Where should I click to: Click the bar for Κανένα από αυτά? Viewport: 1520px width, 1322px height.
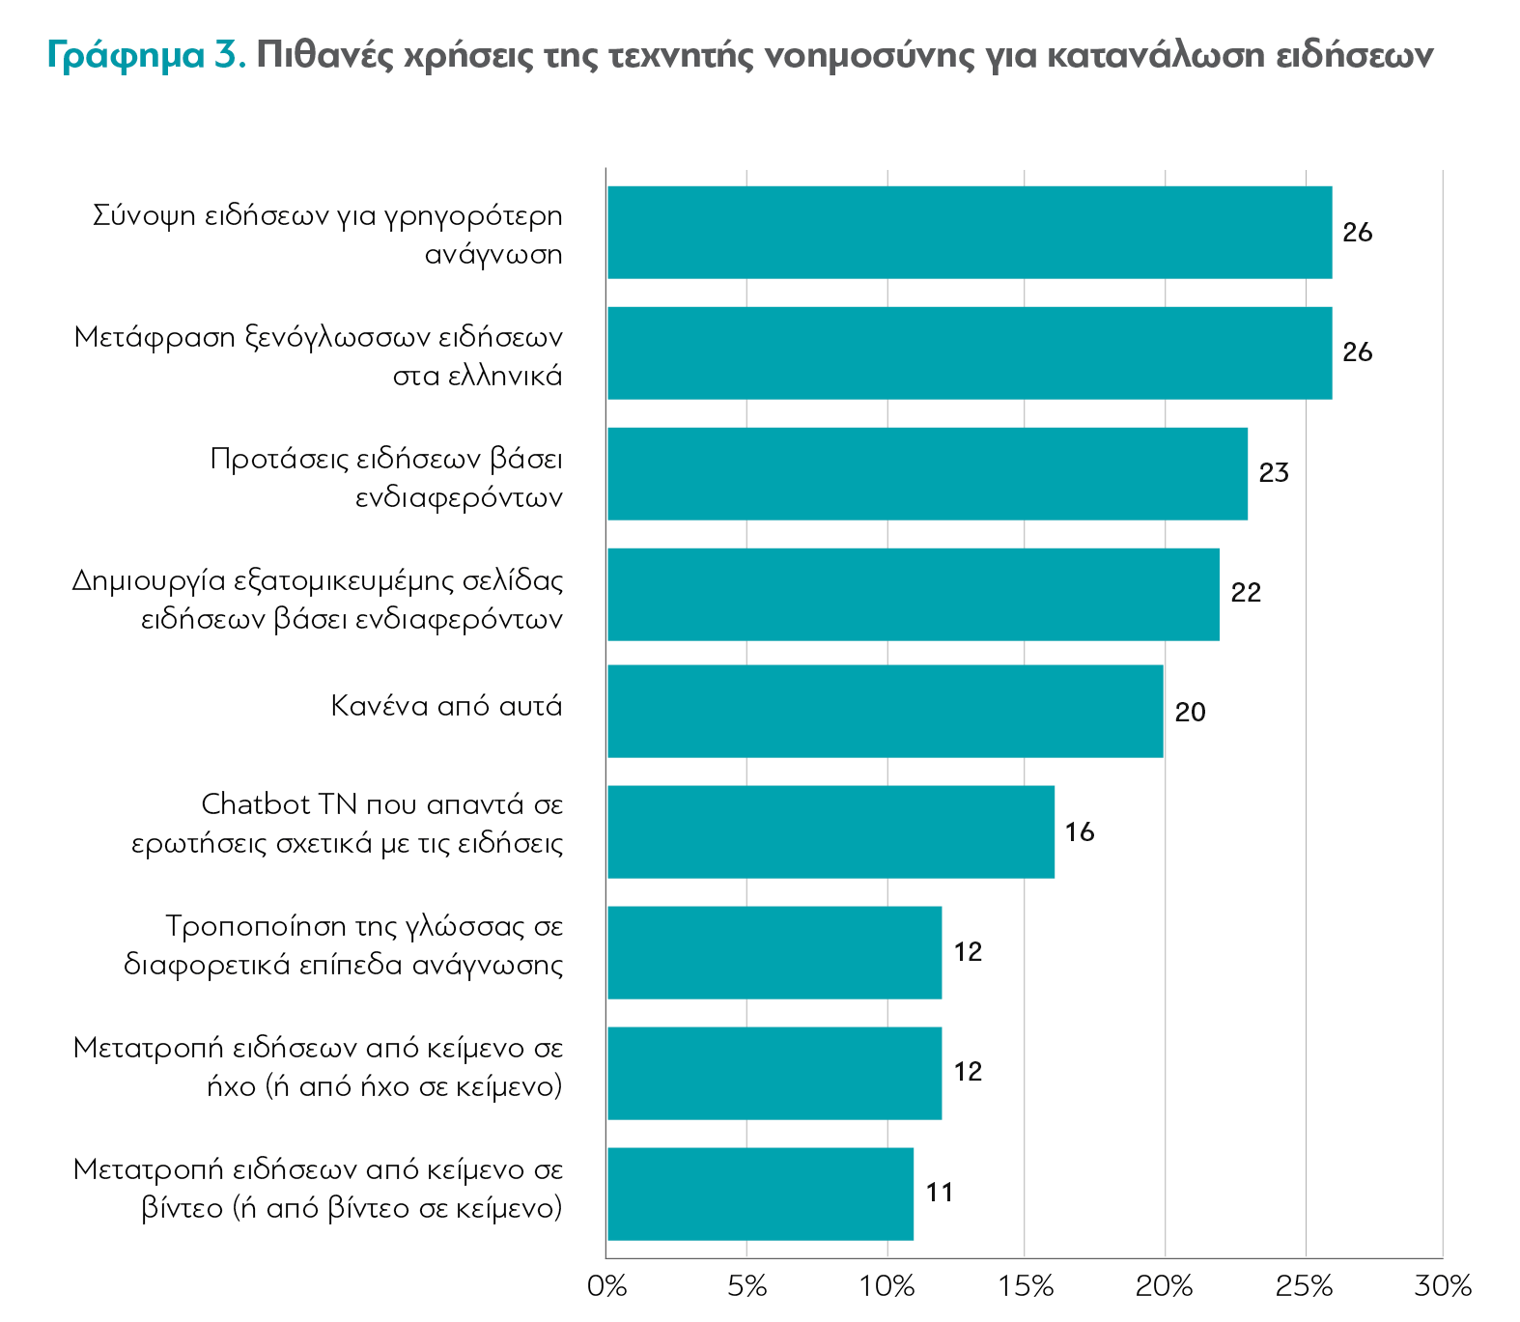click(x=885, y=711)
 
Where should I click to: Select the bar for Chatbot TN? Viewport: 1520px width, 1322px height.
click(x=830, y=831)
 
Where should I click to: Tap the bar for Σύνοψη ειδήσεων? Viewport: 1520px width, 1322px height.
click(x=970, y=233)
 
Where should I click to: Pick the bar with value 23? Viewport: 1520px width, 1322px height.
click(x=927, y=473)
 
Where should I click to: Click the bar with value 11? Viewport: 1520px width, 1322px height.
click(x=760, y=1194)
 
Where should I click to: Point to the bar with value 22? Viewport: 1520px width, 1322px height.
click(x=913, y=594)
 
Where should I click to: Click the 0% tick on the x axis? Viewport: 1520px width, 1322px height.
click(x=607, y=1287)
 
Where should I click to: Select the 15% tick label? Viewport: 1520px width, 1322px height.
click(x=1026, y=1287)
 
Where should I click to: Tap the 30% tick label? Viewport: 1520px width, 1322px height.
click(x=1443, y=1287)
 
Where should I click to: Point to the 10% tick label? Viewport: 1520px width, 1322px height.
click(x=887, y=1287)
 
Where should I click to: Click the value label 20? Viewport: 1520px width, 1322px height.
click(x=1190, y=713)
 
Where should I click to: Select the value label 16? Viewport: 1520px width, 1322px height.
click(x=1080, y=832)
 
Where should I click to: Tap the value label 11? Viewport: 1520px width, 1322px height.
click(x=940, y=1194)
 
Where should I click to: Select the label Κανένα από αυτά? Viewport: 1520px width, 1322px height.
click(x=446, y=706)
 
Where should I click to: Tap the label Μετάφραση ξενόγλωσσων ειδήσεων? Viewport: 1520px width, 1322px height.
click(x=319, y=356)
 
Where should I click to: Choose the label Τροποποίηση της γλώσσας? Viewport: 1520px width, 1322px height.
click(x=344, y=944)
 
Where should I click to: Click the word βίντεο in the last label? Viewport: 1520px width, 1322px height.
click(x=183, y=1208)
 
